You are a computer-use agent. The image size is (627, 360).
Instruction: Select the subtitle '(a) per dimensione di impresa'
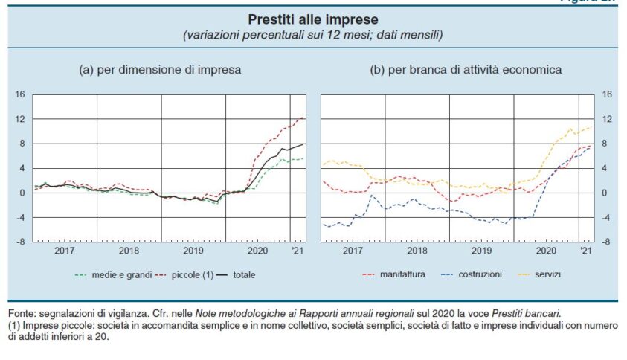pos(161,70)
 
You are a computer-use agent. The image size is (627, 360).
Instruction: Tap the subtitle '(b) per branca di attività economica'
pos(466,70)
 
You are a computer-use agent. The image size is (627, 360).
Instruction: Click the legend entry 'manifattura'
pos(402,274)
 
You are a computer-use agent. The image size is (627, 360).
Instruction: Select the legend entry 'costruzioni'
pos(477,274)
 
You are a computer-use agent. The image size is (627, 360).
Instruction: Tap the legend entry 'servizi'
pos(546,274)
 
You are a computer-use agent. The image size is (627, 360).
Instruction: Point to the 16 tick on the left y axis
pos(20,94)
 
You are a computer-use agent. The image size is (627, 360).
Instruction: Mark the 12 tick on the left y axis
pos(20,119)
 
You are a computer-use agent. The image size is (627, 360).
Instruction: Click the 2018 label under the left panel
pos(129,252)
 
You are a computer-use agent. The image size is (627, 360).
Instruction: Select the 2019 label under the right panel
pos(483,252)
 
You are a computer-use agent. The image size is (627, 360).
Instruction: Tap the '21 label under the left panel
pos(298,252)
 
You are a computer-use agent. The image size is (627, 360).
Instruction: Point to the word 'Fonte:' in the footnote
pos(23,315)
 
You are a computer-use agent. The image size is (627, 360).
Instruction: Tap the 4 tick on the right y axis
pos(606,168)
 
